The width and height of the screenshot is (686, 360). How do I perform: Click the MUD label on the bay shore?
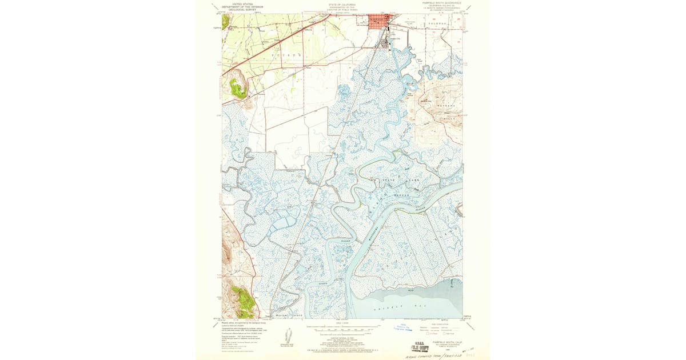(x=409, y=290)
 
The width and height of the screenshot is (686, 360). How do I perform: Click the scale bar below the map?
(x=341, y=328)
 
